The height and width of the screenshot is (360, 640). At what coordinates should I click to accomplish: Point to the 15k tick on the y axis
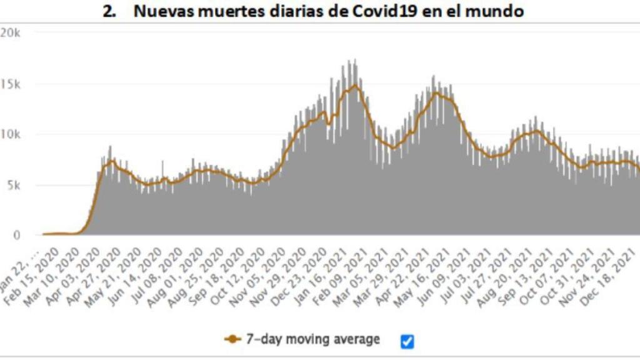click(x=11, y=84)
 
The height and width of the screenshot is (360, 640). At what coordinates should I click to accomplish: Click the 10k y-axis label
click(x=11, y=135)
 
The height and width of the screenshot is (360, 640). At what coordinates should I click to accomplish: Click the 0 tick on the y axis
click(x=17, y=236)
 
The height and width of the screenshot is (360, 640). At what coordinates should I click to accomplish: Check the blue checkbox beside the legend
click(x=407, y=341)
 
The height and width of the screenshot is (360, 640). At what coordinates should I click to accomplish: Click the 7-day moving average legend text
click(x=312, y=339)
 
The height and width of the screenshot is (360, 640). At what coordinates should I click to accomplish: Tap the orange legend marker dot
click(x=232, y=339)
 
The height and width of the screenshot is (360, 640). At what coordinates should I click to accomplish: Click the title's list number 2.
click(x=110, y=11)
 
